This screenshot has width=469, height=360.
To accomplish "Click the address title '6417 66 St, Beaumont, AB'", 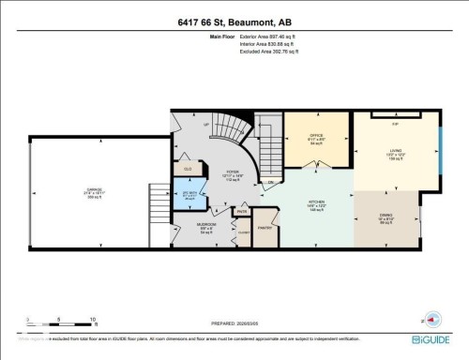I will click(234, 22).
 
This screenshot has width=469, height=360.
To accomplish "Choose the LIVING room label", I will click(396, 155).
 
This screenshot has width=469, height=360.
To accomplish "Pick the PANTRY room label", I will click(265, 227).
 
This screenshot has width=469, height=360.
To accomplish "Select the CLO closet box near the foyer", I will click(189, 170).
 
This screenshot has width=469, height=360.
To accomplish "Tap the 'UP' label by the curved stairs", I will click(206, 125).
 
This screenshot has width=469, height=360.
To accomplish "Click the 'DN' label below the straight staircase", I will click(270, 182).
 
